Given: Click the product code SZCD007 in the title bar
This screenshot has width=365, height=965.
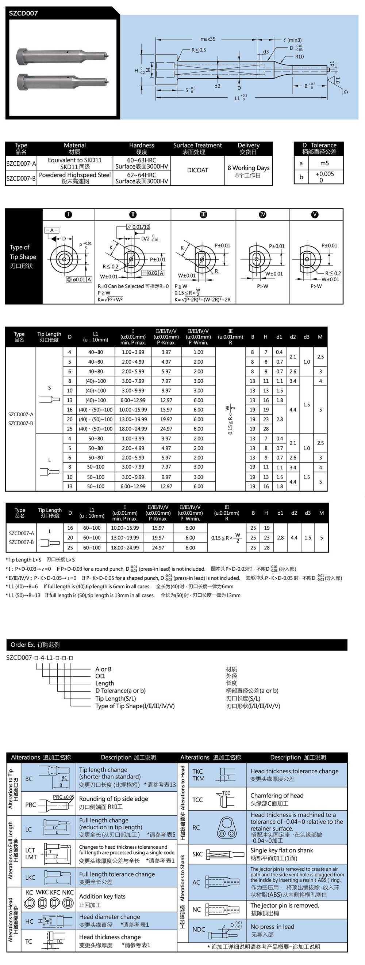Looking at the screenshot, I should [23, 13].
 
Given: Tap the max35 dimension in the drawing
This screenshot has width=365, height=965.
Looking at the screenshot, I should [208, 39].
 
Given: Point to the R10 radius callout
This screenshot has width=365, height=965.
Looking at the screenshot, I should [299, 57].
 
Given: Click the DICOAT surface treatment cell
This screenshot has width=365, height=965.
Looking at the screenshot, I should [197, 170].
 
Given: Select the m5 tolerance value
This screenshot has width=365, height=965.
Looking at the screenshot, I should [324, 163].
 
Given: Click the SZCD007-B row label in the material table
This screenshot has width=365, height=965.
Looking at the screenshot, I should [21, 178].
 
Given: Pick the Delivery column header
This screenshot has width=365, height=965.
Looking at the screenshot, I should [248, 149].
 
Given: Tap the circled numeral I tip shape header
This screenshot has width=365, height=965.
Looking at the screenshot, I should [68, 215].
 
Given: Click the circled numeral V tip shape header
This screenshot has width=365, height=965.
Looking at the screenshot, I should [315, 215].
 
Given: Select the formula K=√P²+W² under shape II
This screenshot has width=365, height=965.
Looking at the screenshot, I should [110, 299].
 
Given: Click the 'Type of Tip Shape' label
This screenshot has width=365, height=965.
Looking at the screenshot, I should [23, 256].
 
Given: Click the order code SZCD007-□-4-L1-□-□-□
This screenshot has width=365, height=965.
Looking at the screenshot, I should [40, 657].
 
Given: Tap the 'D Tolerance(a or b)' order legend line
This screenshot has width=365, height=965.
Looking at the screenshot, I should [120, 690].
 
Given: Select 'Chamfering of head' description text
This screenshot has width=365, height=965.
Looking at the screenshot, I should [277, 796].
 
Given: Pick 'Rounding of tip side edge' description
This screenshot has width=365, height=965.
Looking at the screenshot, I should [113, 799].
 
